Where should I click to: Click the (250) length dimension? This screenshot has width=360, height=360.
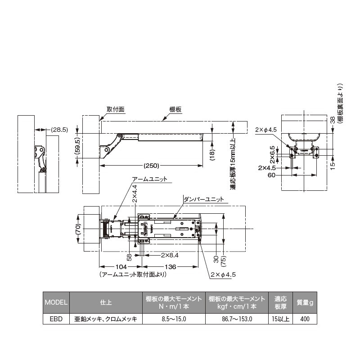[x=152, y=165]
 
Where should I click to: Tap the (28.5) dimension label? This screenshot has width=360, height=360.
[x=58, y=130]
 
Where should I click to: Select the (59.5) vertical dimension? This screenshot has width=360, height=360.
[x=77, y=145]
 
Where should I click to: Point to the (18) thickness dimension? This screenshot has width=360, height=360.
[x=212, y=153]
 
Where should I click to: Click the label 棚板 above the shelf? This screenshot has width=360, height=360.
[x=175, y=109]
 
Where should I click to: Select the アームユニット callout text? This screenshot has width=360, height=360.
[x=149, y=179]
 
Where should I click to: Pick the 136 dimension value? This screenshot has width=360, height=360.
[x=171, y=266]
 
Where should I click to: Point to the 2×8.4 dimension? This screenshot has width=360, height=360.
[x=170, y=255]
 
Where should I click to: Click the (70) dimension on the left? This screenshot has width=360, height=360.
[x=77, y=230]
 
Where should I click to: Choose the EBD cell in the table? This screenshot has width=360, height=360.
[x=56, y=319]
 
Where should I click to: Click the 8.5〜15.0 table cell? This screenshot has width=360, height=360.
[x=174, y=319]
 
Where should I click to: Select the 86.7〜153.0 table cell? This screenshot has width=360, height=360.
[x=237, y=319]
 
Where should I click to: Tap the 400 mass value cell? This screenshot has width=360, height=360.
[x=305, y=319]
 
